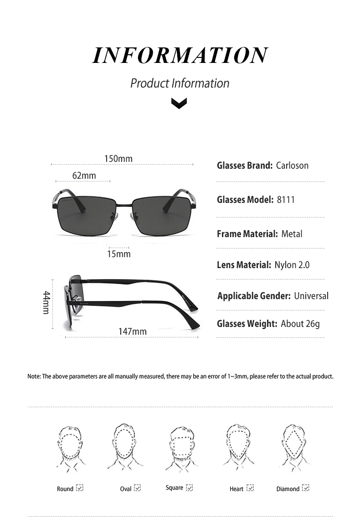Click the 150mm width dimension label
(118, 159)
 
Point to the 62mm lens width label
(84, 176)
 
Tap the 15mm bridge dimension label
(119, 254)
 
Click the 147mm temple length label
(133, 331)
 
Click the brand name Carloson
(292, 166)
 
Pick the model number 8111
(286, 200)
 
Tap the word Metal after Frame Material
(292, 234)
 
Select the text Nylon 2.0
(292, 265)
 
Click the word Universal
(311, 296)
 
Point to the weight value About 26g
(300, 324)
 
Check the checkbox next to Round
(80, 488)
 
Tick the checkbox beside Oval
(138, 488)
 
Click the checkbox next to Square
(190, 487)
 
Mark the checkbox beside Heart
(250, 488)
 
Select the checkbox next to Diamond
(306, 488)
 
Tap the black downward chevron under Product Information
(179, 104)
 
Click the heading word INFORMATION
(180, 55)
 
